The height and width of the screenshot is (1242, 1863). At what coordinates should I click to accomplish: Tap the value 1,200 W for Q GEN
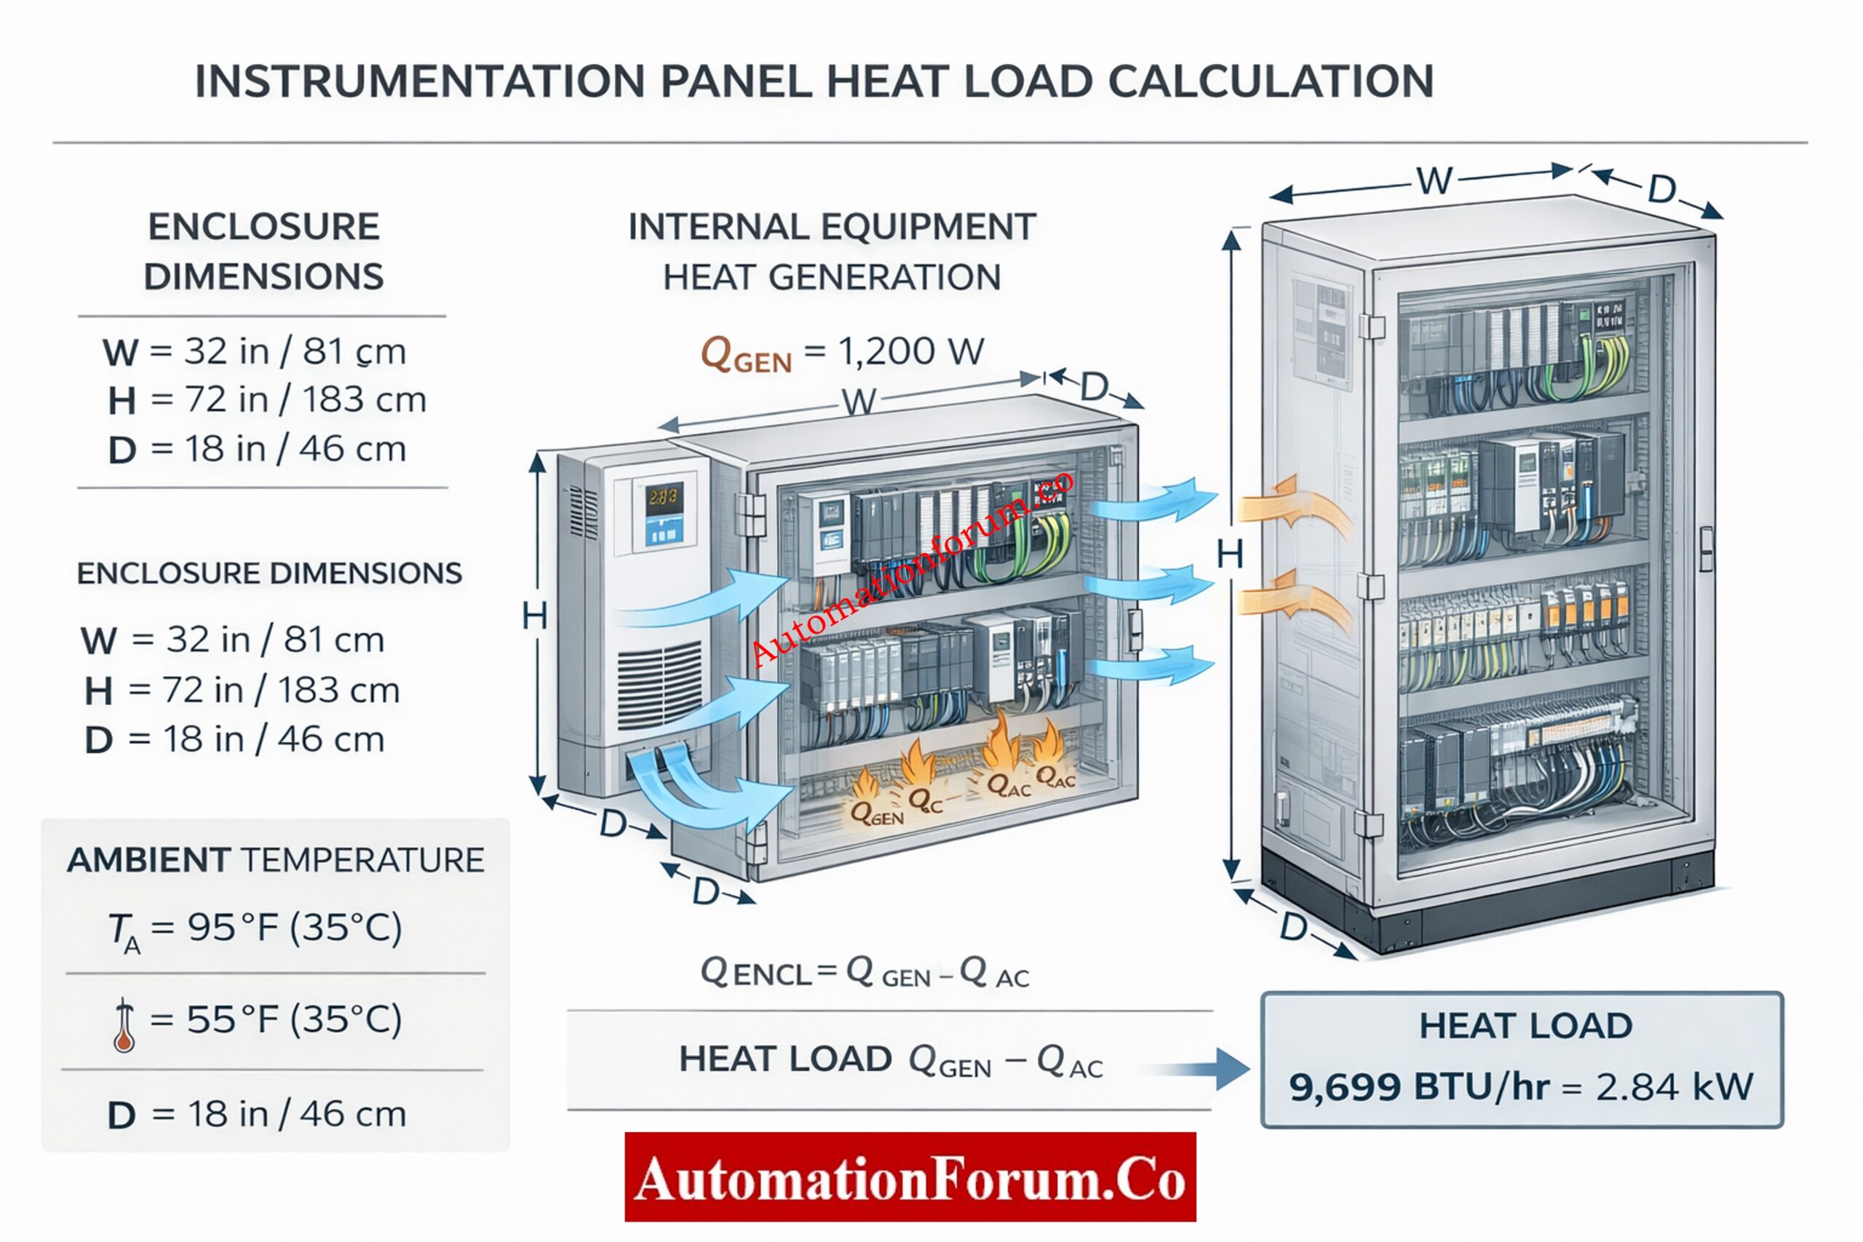[x=911, y=351]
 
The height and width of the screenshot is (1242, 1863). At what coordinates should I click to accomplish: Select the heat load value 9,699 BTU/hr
[x=1418, y=1087]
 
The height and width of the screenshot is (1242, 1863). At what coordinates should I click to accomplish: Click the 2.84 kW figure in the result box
[x=1674, y=1087]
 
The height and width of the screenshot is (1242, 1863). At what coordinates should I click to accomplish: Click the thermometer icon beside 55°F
[x=124, y=1025]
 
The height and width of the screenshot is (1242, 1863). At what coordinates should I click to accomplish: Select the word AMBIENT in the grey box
[x=149, y=860]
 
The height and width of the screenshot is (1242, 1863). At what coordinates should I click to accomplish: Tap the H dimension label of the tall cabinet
[x=1229, y=554]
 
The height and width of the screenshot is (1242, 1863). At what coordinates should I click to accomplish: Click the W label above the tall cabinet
[x=1434, y=181]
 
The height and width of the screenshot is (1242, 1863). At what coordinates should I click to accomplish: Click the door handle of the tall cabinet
[x=1706, y=548]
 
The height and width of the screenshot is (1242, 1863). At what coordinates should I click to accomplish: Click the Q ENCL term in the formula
[x=755, y=973]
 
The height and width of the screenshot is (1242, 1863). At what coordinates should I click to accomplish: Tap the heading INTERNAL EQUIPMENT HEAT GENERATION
[x=832, y=252]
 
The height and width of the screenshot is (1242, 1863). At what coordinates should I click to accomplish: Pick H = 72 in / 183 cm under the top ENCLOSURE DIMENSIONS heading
[x=267, y=400]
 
